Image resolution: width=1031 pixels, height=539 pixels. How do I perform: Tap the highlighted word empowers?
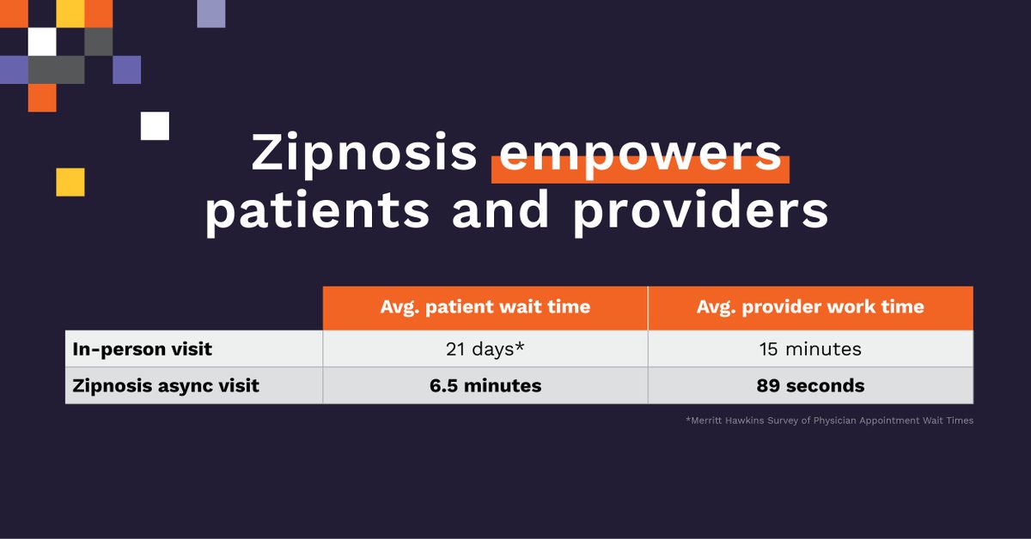point(640,154)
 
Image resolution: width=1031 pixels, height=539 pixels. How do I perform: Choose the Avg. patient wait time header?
point(485,307)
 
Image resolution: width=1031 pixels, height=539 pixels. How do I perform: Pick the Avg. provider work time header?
point(810,307)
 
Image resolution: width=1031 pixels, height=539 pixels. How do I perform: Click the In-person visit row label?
point(142,349)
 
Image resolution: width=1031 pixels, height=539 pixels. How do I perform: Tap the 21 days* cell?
point(485,349)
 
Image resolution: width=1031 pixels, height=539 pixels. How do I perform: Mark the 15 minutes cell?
point(810,349)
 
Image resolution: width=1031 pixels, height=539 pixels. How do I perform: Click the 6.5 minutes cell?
point(485,385)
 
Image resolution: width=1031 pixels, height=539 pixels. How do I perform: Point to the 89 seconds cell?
point(810,385)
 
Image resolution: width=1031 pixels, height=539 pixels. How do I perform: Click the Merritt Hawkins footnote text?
point(829,421)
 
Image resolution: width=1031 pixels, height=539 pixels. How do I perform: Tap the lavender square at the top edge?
point(211,13)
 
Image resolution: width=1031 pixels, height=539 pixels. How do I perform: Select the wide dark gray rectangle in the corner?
point(57,70)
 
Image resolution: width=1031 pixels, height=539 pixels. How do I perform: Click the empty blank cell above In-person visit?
point(193,307)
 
